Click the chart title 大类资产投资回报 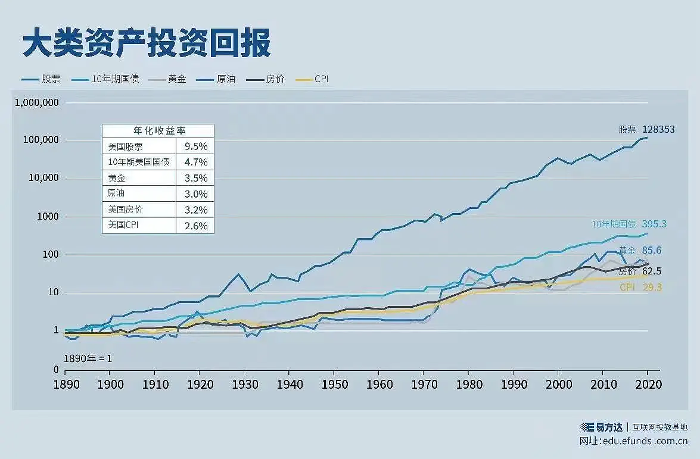pos(147,43)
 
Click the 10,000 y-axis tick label pos(42,178)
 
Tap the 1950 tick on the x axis pos(334,385)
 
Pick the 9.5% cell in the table pos(195,146)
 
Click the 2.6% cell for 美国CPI pos(195,226)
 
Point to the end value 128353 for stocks pos(658,129)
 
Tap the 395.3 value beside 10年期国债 pos(654,224)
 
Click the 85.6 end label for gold pos(651,251)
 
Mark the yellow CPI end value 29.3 pos(651,288)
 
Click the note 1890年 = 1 pos(88,358)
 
